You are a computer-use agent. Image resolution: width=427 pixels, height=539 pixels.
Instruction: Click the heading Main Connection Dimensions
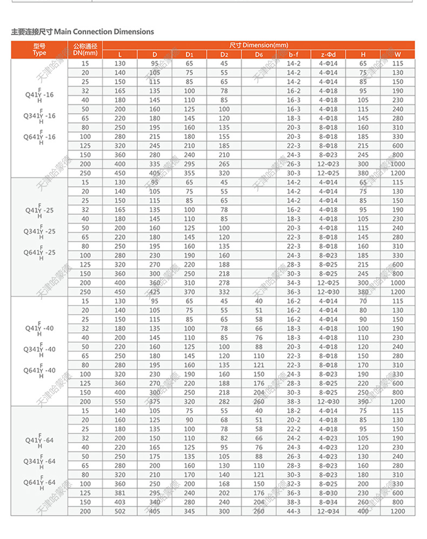[x=83, y=32]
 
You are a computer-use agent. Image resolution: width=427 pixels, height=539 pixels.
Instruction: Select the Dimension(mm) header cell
[x=258, y=45]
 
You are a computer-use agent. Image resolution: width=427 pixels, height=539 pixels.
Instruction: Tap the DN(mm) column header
[x=85, y=49]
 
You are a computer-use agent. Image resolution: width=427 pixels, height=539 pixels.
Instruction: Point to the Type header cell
[x=39, y=49]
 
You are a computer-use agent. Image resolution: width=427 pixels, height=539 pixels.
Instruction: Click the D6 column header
[x=258, y=54]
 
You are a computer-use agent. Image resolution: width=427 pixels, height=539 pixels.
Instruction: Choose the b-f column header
[x=293, y=54]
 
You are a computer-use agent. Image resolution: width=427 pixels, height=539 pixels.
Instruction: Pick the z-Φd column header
[x=328, y=54]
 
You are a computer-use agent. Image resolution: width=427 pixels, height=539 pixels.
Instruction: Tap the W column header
[x=397, y=54]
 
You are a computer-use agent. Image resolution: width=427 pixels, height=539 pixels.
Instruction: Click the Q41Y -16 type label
[x=39, y=95]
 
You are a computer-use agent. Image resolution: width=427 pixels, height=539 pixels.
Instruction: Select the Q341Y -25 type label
[x=39, y=231]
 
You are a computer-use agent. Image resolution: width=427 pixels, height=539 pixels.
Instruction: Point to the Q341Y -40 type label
[x=39, y=349]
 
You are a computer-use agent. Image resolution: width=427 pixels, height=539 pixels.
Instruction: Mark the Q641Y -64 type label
[x=39, y=482]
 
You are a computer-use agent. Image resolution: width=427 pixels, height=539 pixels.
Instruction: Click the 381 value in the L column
[x=119, y=493]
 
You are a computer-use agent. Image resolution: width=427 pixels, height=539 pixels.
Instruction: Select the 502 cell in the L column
[x=119, y=511]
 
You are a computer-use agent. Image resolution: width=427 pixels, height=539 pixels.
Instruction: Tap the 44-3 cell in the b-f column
[x=293, y=511]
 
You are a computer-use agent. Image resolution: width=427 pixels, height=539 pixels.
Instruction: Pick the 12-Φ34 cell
[x=328, y=511]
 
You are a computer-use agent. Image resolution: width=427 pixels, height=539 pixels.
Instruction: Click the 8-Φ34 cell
[x=328, y=502]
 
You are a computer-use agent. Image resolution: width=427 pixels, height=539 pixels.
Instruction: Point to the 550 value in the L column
[x=119, y=402]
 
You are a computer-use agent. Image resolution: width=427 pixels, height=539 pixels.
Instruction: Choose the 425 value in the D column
[x=155, y=292]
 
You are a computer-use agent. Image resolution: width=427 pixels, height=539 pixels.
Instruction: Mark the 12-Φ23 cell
[x=328, y=164]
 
